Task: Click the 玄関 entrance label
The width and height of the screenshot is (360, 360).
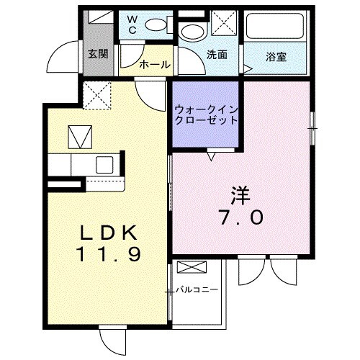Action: tap(98, 53)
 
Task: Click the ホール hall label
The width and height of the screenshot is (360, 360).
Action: tap(154, 65)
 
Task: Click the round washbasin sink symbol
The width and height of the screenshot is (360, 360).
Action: tap(192, 32)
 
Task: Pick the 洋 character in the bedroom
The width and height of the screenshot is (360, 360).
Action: tap(240, 194)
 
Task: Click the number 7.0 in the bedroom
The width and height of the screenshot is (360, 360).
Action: tap(240, 216)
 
